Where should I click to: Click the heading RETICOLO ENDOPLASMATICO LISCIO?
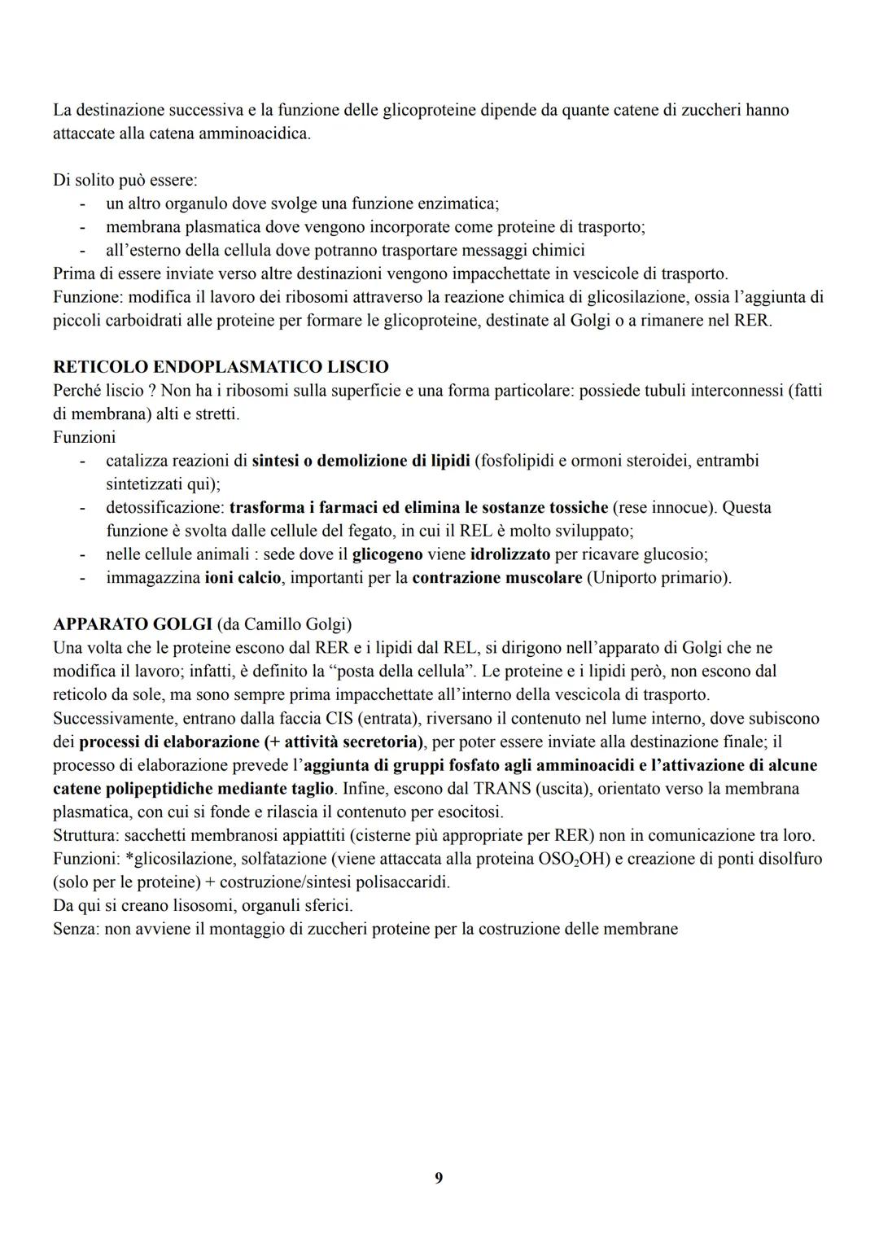pos(221,367)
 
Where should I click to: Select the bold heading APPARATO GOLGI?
pos(133,624)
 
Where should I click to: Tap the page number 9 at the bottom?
pos(439,1178)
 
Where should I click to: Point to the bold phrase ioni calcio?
pos(243,578)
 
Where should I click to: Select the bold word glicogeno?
pos(387,554)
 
